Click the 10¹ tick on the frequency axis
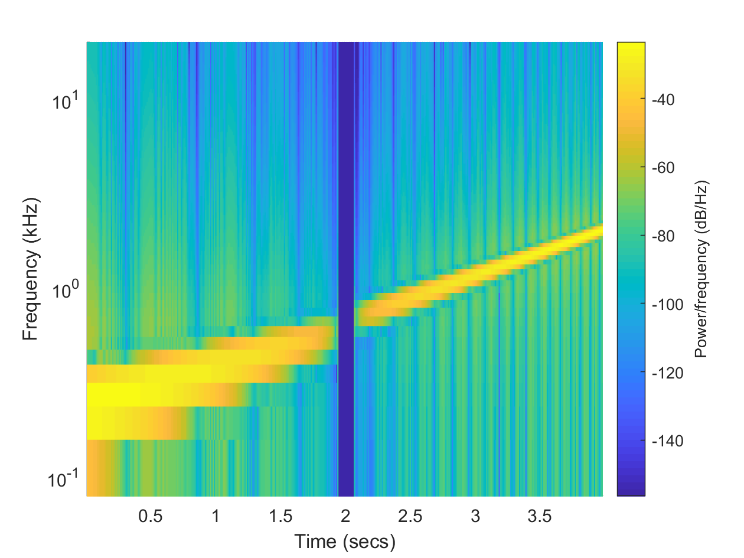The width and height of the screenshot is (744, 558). pyautogui.click(x=65, y=102)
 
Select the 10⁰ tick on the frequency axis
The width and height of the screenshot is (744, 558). pyautogui.click(x=65, y=291)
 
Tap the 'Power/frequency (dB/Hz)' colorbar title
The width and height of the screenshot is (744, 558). pyautogui.click(x=701, y=269)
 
